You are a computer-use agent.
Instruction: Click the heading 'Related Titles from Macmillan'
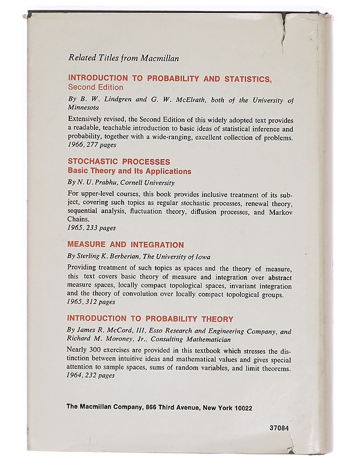click(x=123, y=58)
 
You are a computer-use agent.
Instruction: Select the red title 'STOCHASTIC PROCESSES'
click(x=119, y=162)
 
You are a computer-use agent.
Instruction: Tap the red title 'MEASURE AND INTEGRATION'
click(x=125, y=245)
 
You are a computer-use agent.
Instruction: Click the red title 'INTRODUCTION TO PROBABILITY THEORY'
click(x=150, y=319)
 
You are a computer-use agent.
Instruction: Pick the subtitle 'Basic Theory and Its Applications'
click(x=129, y=171)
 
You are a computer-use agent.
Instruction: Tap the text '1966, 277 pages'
click(x=93, y=146)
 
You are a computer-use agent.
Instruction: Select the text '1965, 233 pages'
click(x=91, y=228)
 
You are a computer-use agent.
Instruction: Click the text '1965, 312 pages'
click(x=91, y=302)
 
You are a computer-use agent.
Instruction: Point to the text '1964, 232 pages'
click(x=91, y=376)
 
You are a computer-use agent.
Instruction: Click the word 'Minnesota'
click(x=84, y=107)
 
